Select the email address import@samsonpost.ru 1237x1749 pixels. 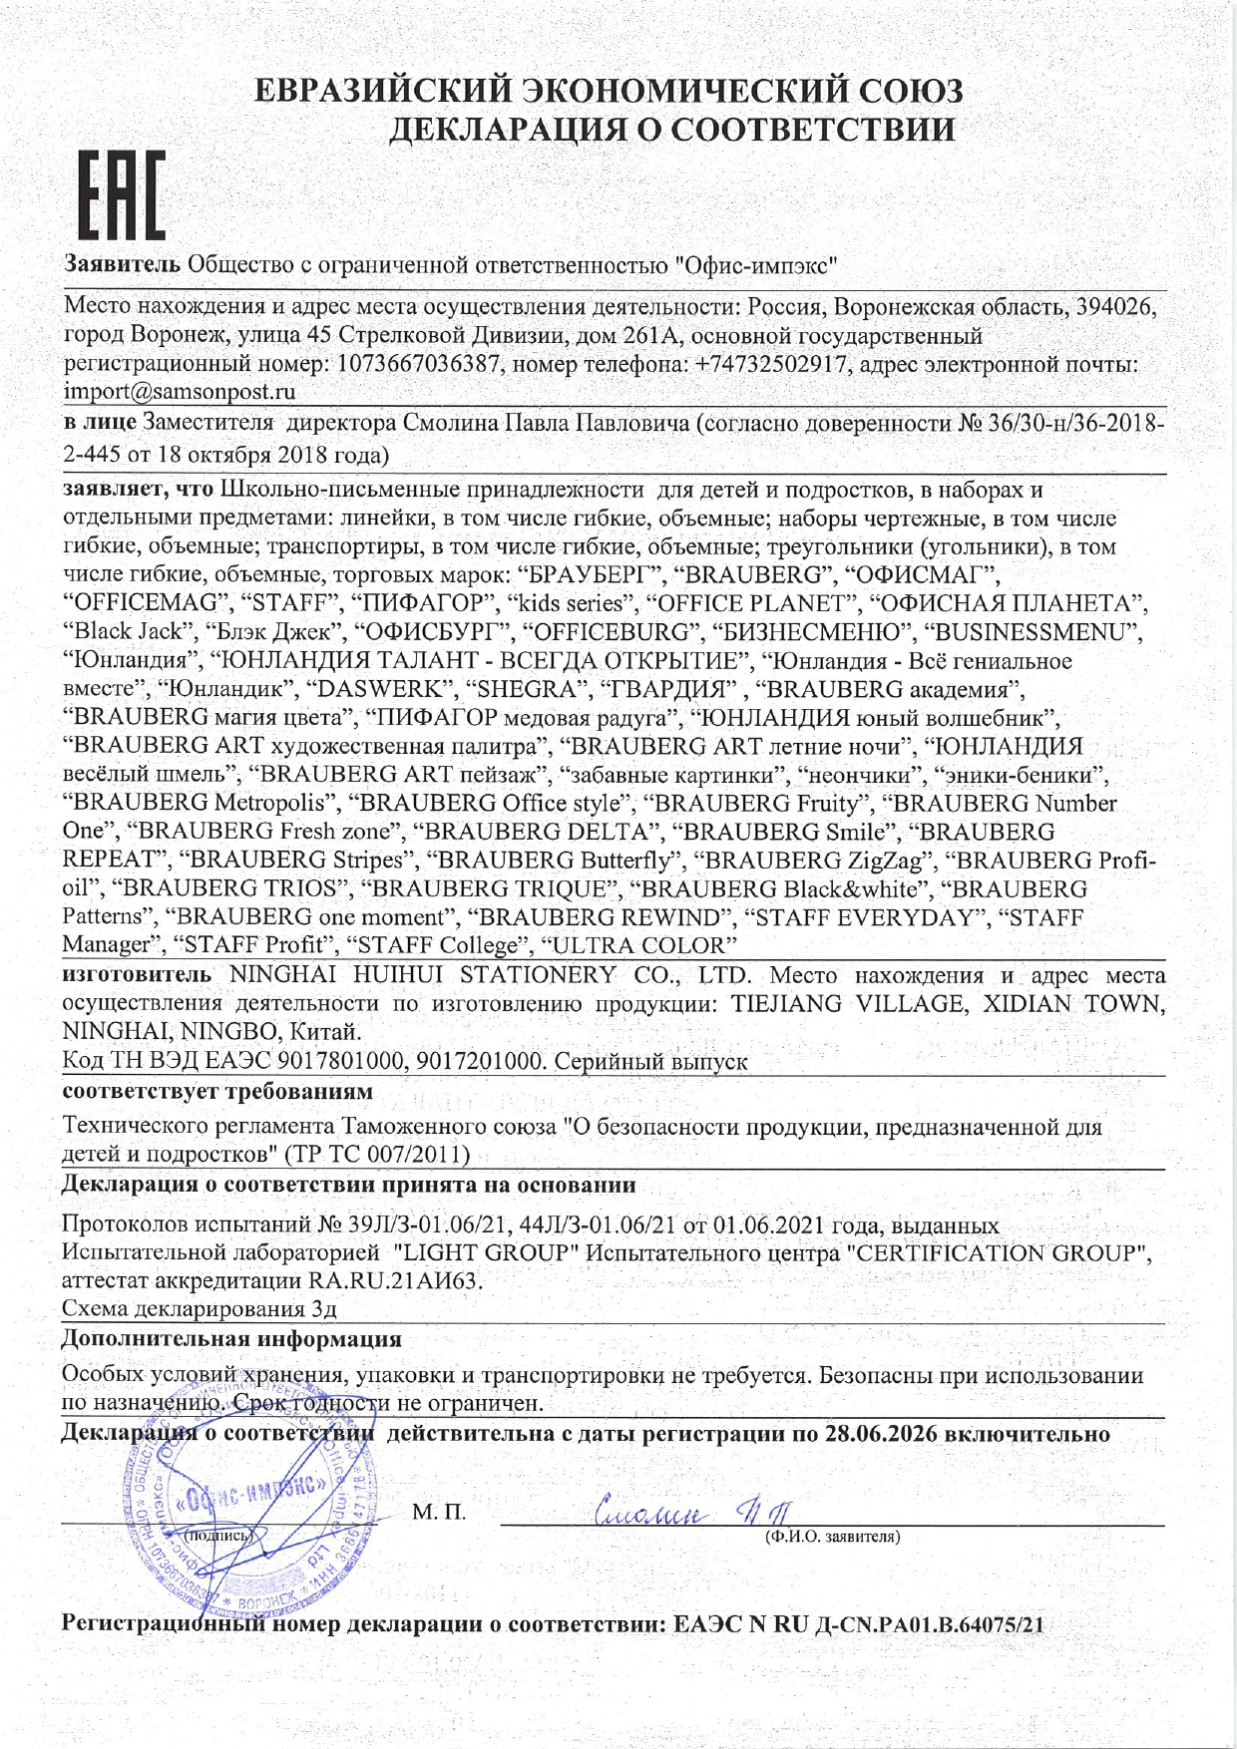pos(180,392)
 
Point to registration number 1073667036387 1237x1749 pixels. pos(419,364)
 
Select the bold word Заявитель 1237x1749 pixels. pos(122,264)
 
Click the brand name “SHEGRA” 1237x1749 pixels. pos(524,689)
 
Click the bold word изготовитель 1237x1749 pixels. pos(137,974)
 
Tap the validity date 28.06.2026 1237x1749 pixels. pos(881,1434)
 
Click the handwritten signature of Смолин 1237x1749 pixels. pos(688,1512)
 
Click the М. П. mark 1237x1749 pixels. pos(439,1513)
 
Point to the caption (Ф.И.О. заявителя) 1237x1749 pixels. pos(832,1537)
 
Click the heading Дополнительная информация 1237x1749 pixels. pos(231,1338)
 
